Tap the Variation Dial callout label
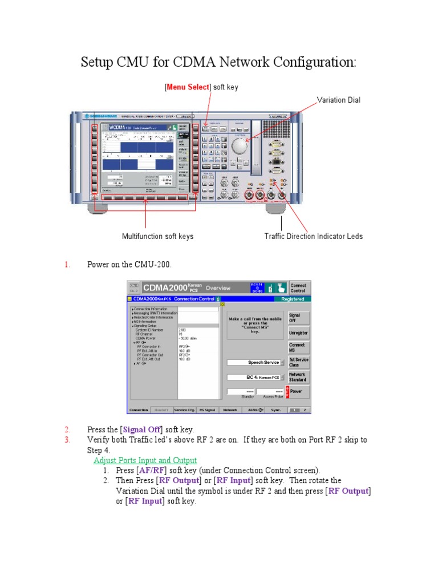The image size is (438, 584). click(339, 100)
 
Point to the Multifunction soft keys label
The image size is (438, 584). click(157, 236)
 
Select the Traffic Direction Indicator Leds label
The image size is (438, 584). click(313, 236)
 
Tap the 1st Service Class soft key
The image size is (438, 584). click(298, 362)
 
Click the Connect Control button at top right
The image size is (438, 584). click(298, 288)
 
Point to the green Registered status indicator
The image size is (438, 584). click(292, 299)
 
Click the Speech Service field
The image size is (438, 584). click(255, 362)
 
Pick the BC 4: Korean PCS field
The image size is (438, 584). click(255, 377)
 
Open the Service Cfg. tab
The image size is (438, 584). click(184, 409)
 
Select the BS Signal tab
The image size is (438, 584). click(207, 409)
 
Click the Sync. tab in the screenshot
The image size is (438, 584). click(276, 409)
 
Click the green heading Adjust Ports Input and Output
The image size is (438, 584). click(145, 460)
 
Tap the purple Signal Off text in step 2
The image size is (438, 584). click(140, 429)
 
